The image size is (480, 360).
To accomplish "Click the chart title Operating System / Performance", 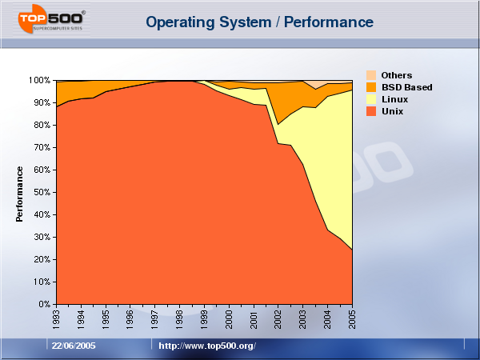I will click(x=259, y=22).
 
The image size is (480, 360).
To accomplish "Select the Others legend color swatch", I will click(x=371, y=75).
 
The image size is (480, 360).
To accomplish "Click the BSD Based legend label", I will click(x=407, y=87).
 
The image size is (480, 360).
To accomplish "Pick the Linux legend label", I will click(x=395, y=99).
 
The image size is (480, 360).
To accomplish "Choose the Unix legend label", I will click(x=393, y=111).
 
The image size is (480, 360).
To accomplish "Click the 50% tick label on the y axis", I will click(x=42, y=193).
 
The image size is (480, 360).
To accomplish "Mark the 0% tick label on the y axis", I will click(x=44, y=305).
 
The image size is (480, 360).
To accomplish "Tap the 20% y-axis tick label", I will click(x=42, y=260).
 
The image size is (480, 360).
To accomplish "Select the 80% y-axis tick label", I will click(x=42, y=126).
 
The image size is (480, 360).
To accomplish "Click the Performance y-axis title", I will click(x=20, y=194).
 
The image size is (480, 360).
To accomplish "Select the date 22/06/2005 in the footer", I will click(x=74, y=346).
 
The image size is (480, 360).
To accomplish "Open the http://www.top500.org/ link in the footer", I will click(x=206, y=346).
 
